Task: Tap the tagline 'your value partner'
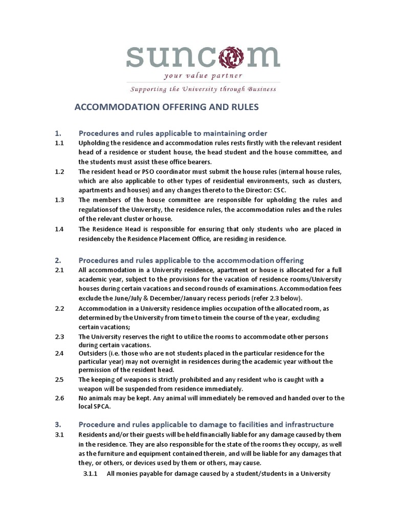(x=203, y=76)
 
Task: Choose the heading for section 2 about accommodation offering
(x=190, y=260)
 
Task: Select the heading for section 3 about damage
(x=205, y=424)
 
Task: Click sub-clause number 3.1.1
(x=90, y=473)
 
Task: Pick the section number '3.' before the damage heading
(x=58, y=424)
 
